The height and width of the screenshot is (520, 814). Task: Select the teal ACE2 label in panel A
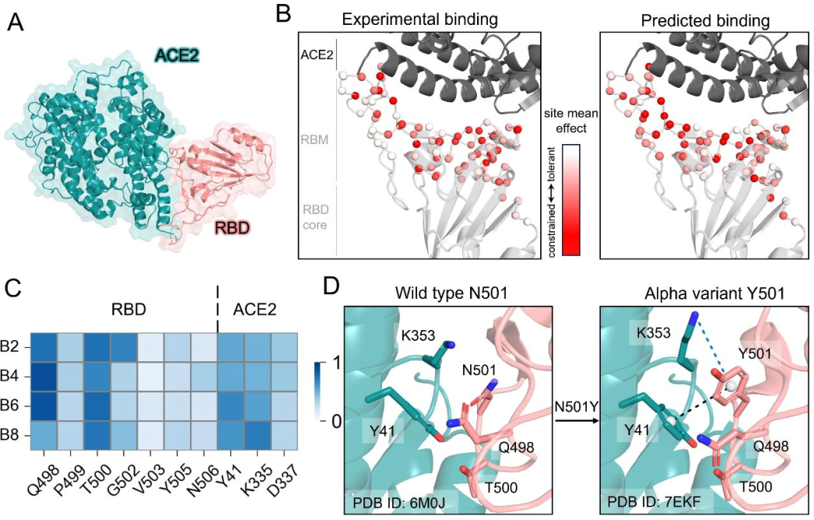click(x=176, y=55)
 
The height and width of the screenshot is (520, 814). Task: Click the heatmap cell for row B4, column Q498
click(x=45, y=377)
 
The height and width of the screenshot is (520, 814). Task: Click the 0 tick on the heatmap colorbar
click(x=335, y=421)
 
